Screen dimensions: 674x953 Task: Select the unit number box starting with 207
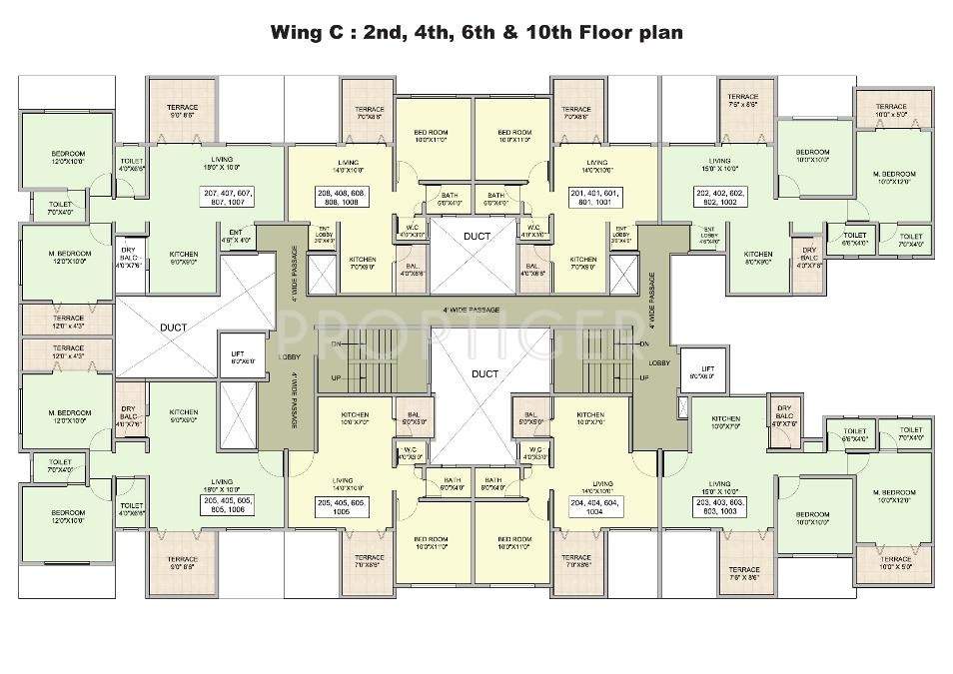[228, 196]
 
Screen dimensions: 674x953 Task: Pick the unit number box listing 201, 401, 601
[596, 196]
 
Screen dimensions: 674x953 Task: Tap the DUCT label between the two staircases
[484, 373]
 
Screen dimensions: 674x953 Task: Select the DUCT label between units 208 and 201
[476, 236]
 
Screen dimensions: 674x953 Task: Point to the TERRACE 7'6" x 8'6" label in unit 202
[742, 100]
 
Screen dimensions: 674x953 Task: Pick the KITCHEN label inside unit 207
[183, 255]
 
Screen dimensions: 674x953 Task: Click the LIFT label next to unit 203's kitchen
[708, 372]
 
